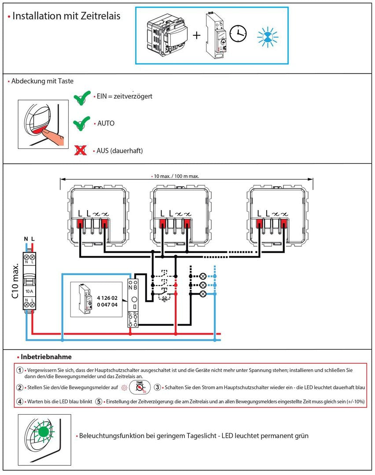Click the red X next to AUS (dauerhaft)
coord(80,150)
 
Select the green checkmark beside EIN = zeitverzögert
coord(82,98)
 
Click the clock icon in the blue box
coord(238,33)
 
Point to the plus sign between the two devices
coord(197,35)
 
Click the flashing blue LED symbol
coord(268,37)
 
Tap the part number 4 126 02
coord(107,298)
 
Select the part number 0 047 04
coord(107,305)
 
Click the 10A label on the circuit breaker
coord(29,291)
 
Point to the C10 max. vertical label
coord(15,280)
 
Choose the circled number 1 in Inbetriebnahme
coord(20,370)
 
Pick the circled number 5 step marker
coord(99,401)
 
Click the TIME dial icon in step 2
coord(140,387)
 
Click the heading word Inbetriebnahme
coord(46,357)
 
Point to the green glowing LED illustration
coord(44,431)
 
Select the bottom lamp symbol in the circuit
coord(203,294)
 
